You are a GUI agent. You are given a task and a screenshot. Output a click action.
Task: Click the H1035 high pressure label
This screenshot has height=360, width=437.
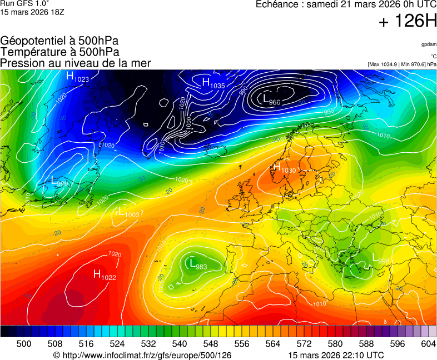[x=212, y=84]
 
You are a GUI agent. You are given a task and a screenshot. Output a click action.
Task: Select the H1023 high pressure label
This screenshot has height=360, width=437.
[x=77, y=77]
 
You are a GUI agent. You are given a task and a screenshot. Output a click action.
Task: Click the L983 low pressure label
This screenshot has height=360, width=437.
[x=197, y=264]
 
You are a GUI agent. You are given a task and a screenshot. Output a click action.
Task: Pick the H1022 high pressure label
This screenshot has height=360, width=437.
[x=105, y=274]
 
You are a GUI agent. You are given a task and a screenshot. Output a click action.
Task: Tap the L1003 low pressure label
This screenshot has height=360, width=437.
[x=128, y=213]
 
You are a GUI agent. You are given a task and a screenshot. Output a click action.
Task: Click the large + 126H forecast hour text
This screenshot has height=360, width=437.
[x=407, y=22]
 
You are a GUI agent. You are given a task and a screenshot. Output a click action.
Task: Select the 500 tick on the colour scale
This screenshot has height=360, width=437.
[x=23, y=344]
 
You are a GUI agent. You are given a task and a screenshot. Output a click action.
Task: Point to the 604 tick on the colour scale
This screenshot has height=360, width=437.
[x=428, y=344]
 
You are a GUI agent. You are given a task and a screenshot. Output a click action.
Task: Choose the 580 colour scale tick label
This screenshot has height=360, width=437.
[x=335, y=344]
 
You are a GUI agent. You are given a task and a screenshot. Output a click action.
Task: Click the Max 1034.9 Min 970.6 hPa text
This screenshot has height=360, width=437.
[x=402, y=64]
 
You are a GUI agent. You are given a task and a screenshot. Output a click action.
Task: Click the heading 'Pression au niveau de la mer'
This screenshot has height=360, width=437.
[x=76, y=63]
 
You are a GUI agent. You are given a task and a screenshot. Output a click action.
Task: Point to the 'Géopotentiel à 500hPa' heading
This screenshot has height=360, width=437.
[x=59, y=41]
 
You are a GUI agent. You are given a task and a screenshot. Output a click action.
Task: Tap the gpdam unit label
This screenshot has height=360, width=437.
[x=428, y=44]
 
